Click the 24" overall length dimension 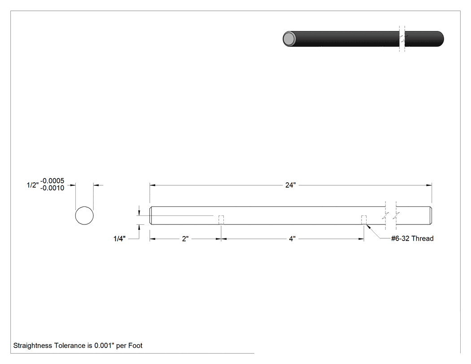(x=291, y=185)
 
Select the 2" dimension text (x=185, y=239)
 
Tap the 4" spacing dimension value (x=292, y=239)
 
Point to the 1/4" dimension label (x=119, y=239)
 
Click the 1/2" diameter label (x=32, y=185)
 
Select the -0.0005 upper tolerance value (x=52, y=180)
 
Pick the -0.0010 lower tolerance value (x=52, y=188)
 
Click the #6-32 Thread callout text (x=412, y=238)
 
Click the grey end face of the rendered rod (x=289, y=39)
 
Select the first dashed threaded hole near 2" (x=221, y=220)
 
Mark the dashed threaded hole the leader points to (x=364, y=220)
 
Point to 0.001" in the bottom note (x=105, y=345)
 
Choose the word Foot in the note (x=135, y=345)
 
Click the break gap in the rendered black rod (x=402, y=39)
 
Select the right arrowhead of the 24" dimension (x=429, y=185)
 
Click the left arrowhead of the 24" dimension (x=153, y=185)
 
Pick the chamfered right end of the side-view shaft (x=431, y=215)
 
